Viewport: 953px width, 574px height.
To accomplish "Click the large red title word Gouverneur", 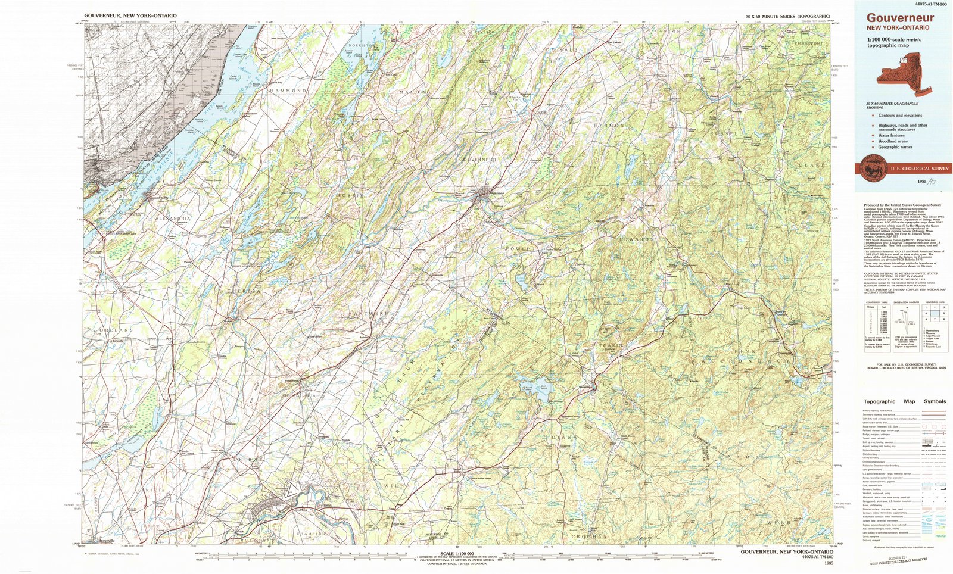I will click(900, 18).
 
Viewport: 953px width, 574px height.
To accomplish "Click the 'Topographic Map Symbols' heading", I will click(904, 401).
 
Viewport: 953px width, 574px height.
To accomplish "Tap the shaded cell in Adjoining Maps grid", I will click(935, 313).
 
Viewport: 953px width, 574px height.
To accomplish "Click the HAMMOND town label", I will click(288, 91).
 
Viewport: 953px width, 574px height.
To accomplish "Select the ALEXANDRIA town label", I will click(173, 219).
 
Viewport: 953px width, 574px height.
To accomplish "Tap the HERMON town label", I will click(609, 126).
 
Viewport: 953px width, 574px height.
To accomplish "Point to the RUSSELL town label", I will click(727, 134).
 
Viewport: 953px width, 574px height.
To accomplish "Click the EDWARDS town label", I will click(635, 239).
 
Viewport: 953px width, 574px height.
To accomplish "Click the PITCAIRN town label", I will click(607, 345).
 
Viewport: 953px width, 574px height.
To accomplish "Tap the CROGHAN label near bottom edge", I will click(589, 536).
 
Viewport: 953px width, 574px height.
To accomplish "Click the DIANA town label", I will click(563, 438).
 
